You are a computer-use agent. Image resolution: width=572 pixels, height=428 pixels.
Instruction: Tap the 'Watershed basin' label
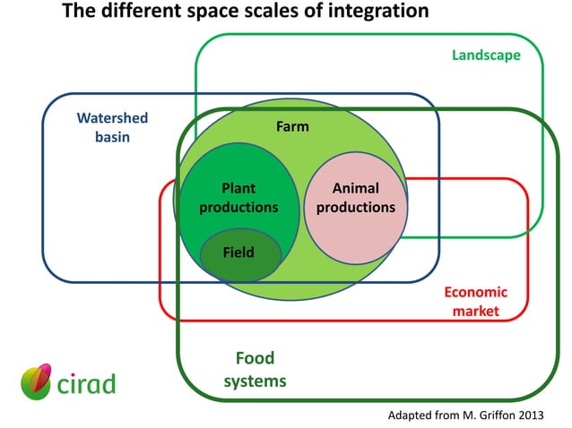[x=112, y=127]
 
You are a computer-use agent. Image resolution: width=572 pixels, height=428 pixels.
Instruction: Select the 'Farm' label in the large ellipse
[x=292, y=126]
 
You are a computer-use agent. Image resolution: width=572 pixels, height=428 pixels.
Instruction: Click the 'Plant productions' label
[x=238, y=198]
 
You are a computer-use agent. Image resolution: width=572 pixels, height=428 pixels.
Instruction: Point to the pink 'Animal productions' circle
[x=356, y=228]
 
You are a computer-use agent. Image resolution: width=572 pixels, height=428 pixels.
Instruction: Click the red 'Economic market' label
[x=475, y=302]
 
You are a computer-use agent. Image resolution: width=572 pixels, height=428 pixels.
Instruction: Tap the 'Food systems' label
[x=255, y=370]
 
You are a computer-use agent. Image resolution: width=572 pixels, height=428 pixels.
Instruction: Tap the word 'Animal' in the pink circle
[x=356, y=188]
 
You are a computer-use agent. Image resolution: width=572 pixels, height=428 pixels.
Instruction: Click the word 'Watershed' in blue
[x=112, y=118]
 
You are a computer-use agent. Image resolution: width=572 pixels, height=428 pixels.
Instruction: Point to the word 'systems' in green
[x=255, y=381]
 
